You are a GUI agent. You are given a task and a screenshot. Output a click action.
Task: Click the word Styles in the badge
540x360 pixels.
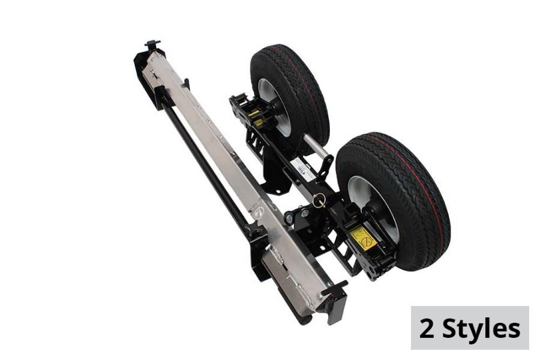pos(481,329)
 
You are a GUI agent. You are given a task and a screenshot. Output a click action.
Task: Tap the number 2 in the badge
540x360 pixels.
pos(427,329)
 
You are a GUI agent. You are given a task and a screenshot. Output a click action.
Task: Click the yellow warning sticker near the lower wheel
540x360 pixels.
pos(363,238)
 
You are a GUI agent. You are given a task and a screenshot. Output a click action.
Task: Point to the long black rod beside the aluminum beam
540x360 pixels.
pos(204,162)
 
